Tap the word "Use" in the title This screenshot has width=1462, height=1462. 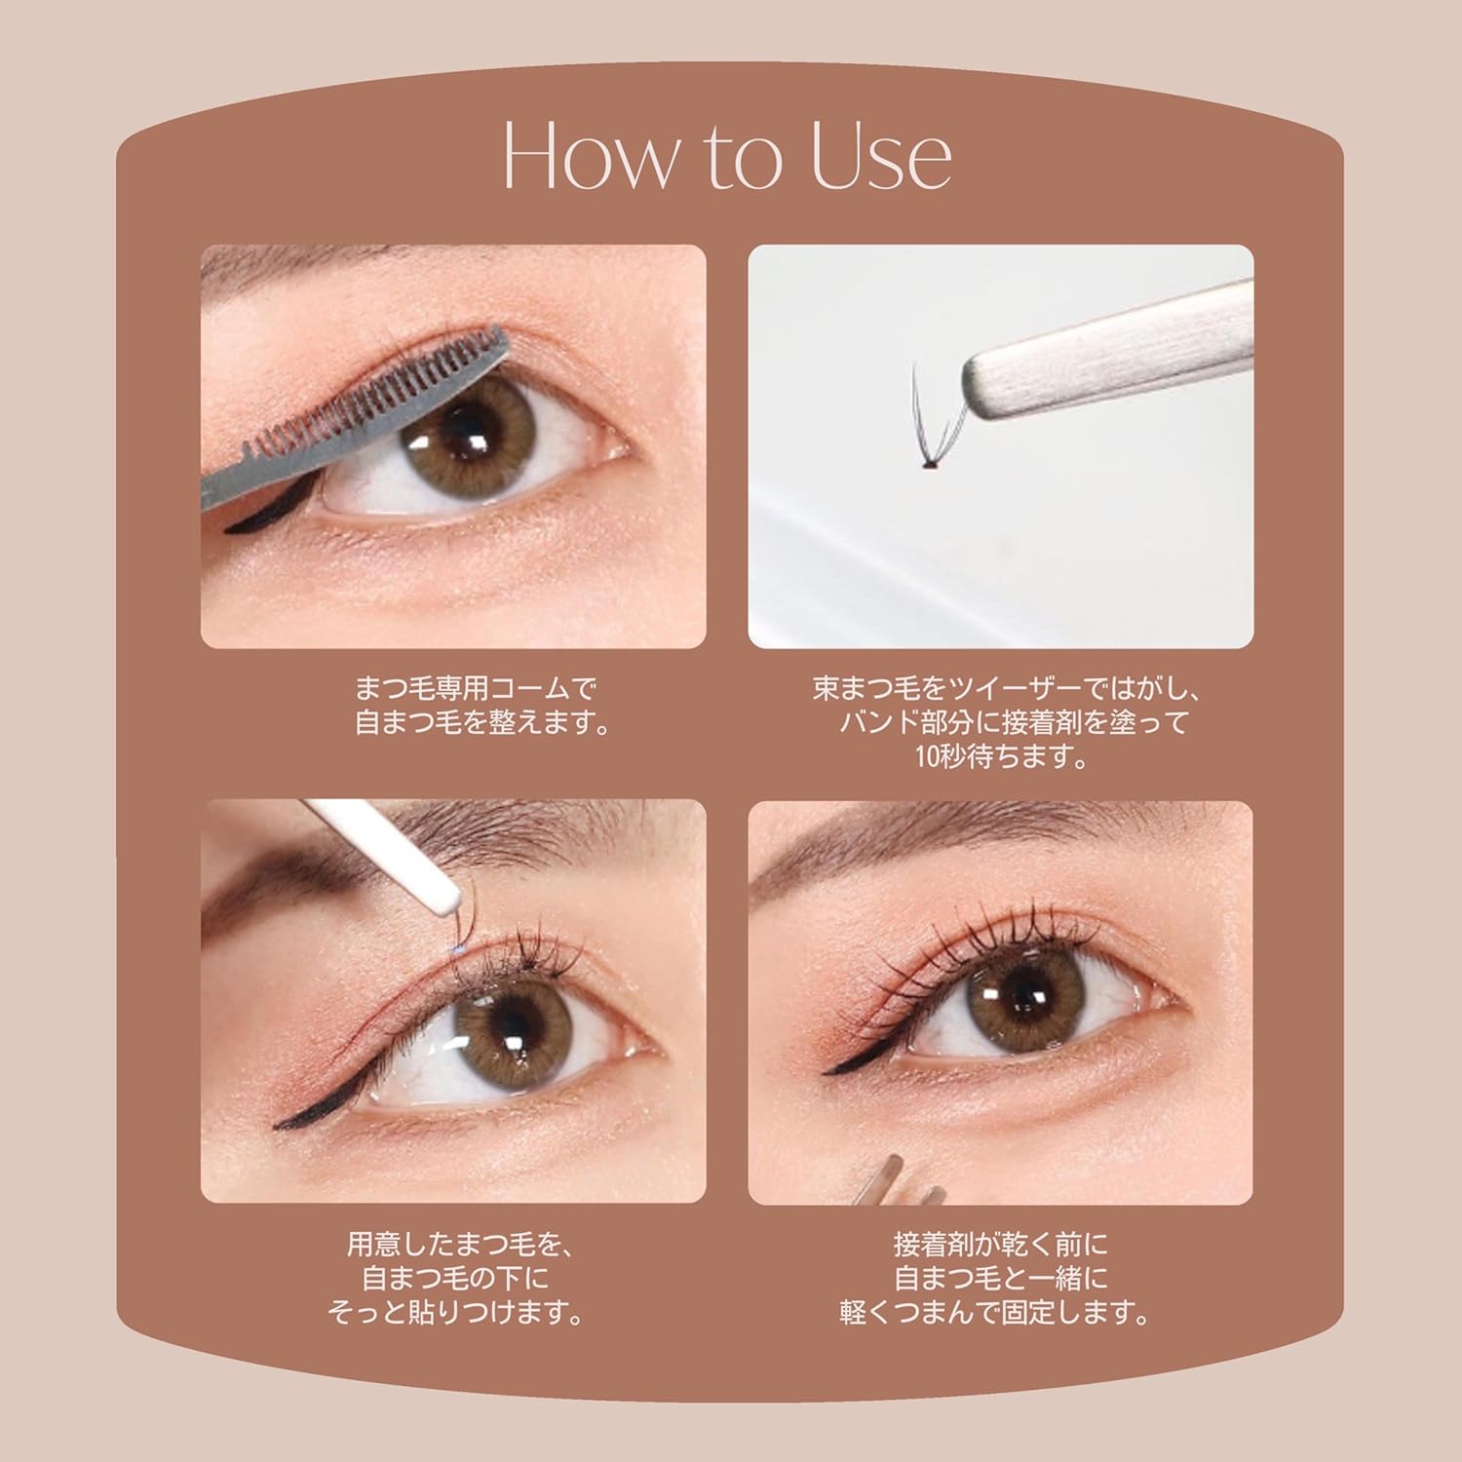pos(881,158)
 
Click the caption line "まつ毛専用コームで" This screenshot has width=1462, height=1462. pos(474,689)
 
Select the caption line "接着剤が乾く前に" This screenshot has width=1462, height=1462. pos(1002,1245)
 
